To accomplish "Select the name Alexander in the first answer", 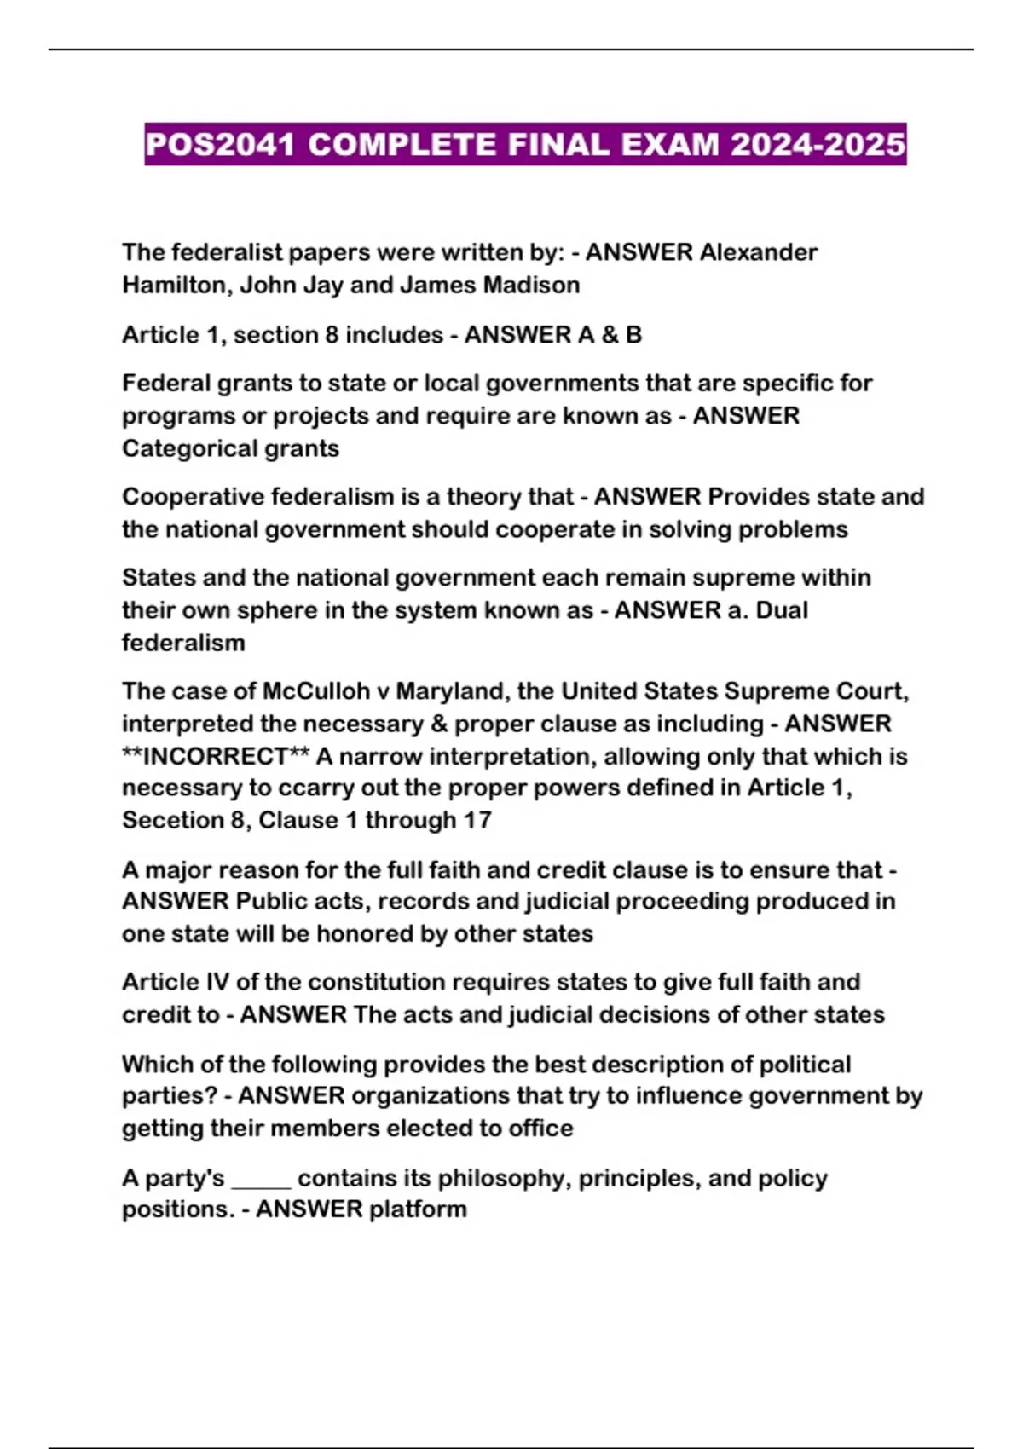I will coord(759,252).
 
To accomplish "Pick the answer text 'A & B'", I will coord(610,334).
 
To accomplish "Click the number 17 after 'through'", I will coord(477,820).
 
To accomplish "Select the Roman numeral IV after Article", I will coord(217,982).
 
